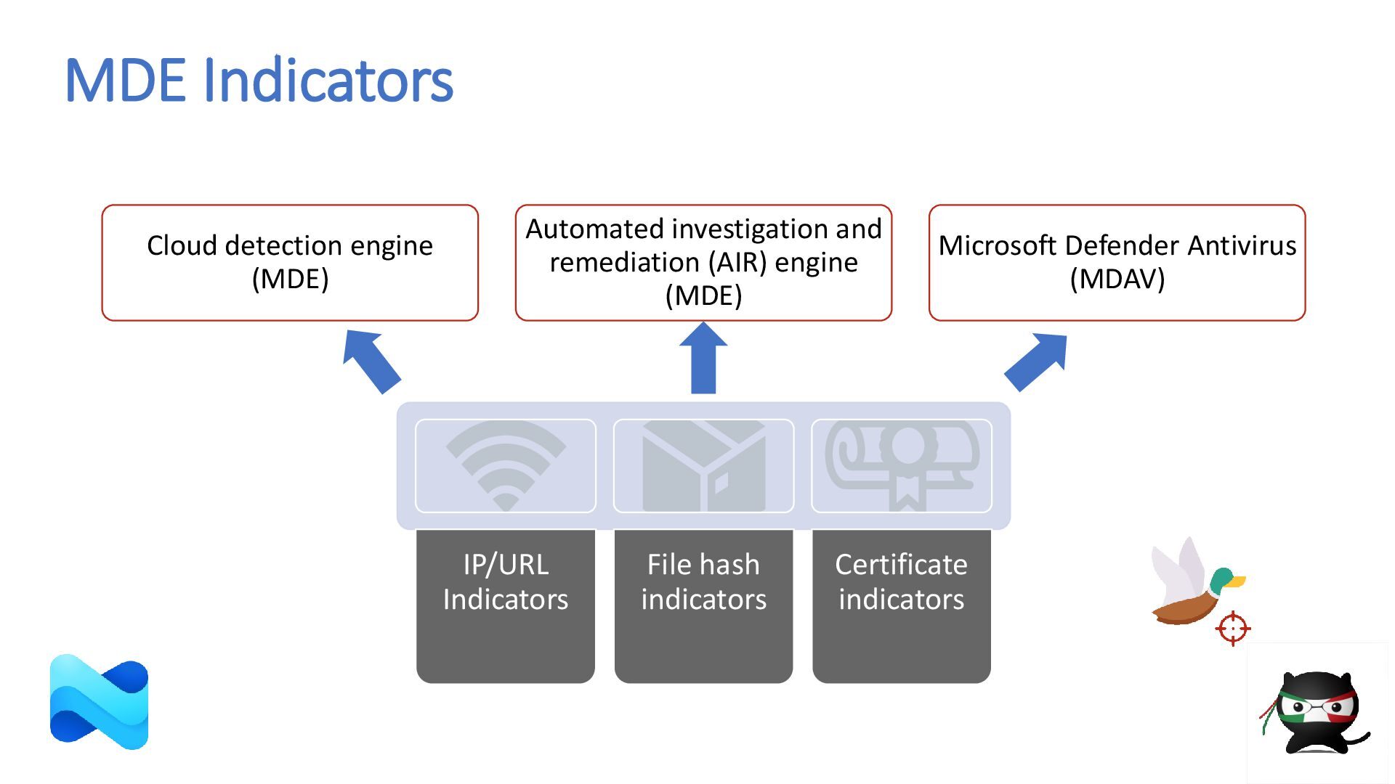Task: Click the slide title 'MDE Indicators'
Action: pos(259,80)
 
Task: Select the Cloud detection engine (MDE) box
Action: pos(290,263)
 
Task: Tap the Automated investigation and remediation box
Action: pos(703,263)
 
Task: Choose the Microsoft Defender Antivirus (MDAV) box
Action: pos(1117,263)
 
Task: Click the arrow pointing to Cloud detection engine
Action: pos(371,362)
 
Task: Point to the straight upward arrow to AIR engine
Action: pos(703,358)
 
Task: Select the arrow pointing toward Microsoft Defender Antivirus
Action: pos(1036,362)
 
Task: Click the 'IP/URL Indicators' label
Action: pos(506,581)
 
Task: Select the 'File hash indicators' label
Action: pos(703,581)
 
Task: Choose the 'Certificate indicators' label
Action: pos(902,581)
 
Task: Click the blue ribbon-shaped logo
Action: pos(99,702)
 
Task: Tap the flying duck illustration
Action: pos(1197,581)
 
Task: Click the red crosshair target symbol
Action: pos(1233,628)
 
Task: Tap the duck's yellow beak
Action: pos(1237,581)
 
